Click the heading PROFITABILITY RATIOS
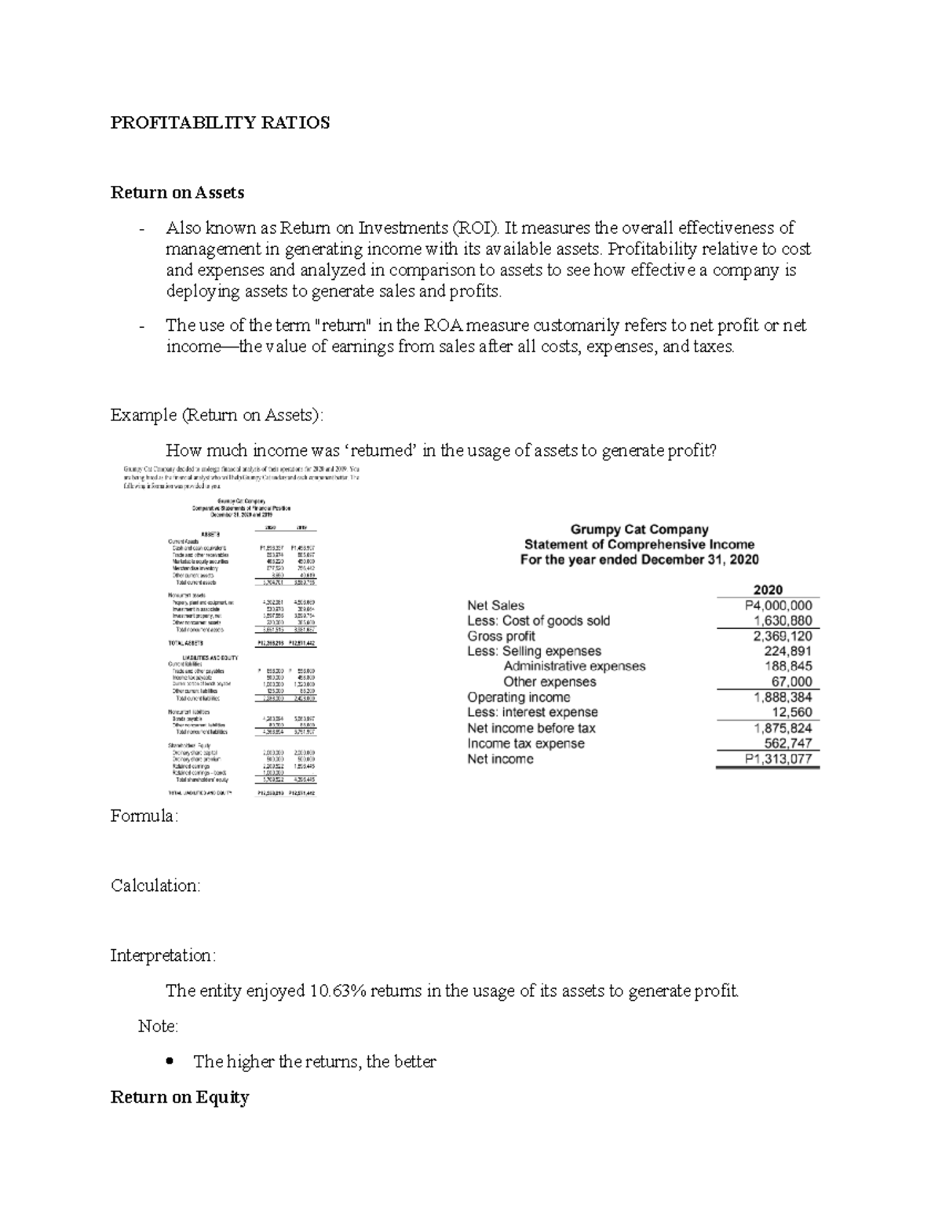[x=220, y=123]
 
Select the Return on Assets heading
[x=177, y=193]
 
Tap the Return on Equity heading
[x=180, y=1097]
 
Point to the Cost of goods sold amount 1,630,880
[x=783, y=620]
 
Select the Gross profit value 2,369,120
[x=783, y=636]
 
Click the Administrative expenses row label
[x=574, y=667]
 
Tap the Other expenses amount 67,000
[x=792, y=682]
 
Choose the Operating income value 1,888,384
[x=783, y=697]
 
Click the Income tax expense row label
[x=525, y=744]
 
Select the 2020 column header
[x=767, y=590]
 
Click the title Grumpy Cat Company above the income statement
[x=639, y=529]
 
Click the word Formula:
[x=144, y=816]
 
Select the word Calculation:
[x=155, y=886]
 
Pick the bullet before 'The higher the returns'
[x=170, y=1062]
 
